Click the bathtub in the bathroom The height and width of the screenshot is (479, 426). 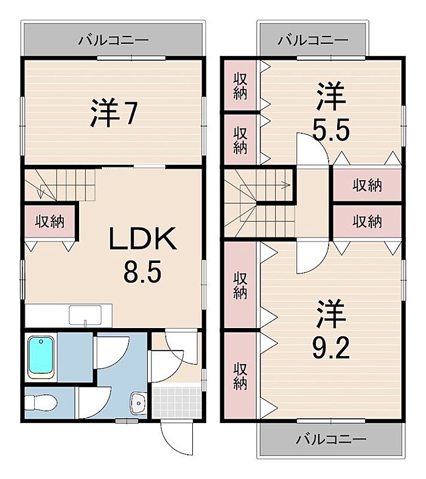coord(41,357)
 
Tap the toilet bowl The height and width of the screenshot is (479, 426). coord(41,404)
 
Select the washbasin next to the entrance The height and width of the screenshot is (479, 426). coord(138,403)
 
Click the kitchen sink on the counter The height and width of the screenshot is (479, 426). coord(85,315)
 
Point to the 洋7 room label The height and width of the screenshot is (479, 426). coord(113,113)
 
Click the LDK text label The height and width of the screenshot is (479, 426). coord(142,239)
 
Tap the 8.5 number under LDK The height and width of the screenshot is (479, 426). coord(142,273)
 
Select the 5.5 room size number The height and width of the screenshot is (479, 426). coord(331,130)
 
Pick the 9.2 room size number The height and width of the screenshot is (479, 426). coord(330,349)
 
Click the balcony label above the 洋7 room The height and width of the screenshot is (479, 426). coord(113,40)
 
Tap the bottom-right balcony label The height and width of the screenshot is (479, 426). coord(331,439)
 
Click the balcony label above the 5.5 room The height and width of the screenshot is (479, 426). coord(313,40)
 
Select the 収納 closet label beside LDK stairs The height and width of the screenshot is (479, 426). coord(50,222)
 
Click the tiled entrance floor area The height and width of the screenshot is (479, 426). coord(177,402)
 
